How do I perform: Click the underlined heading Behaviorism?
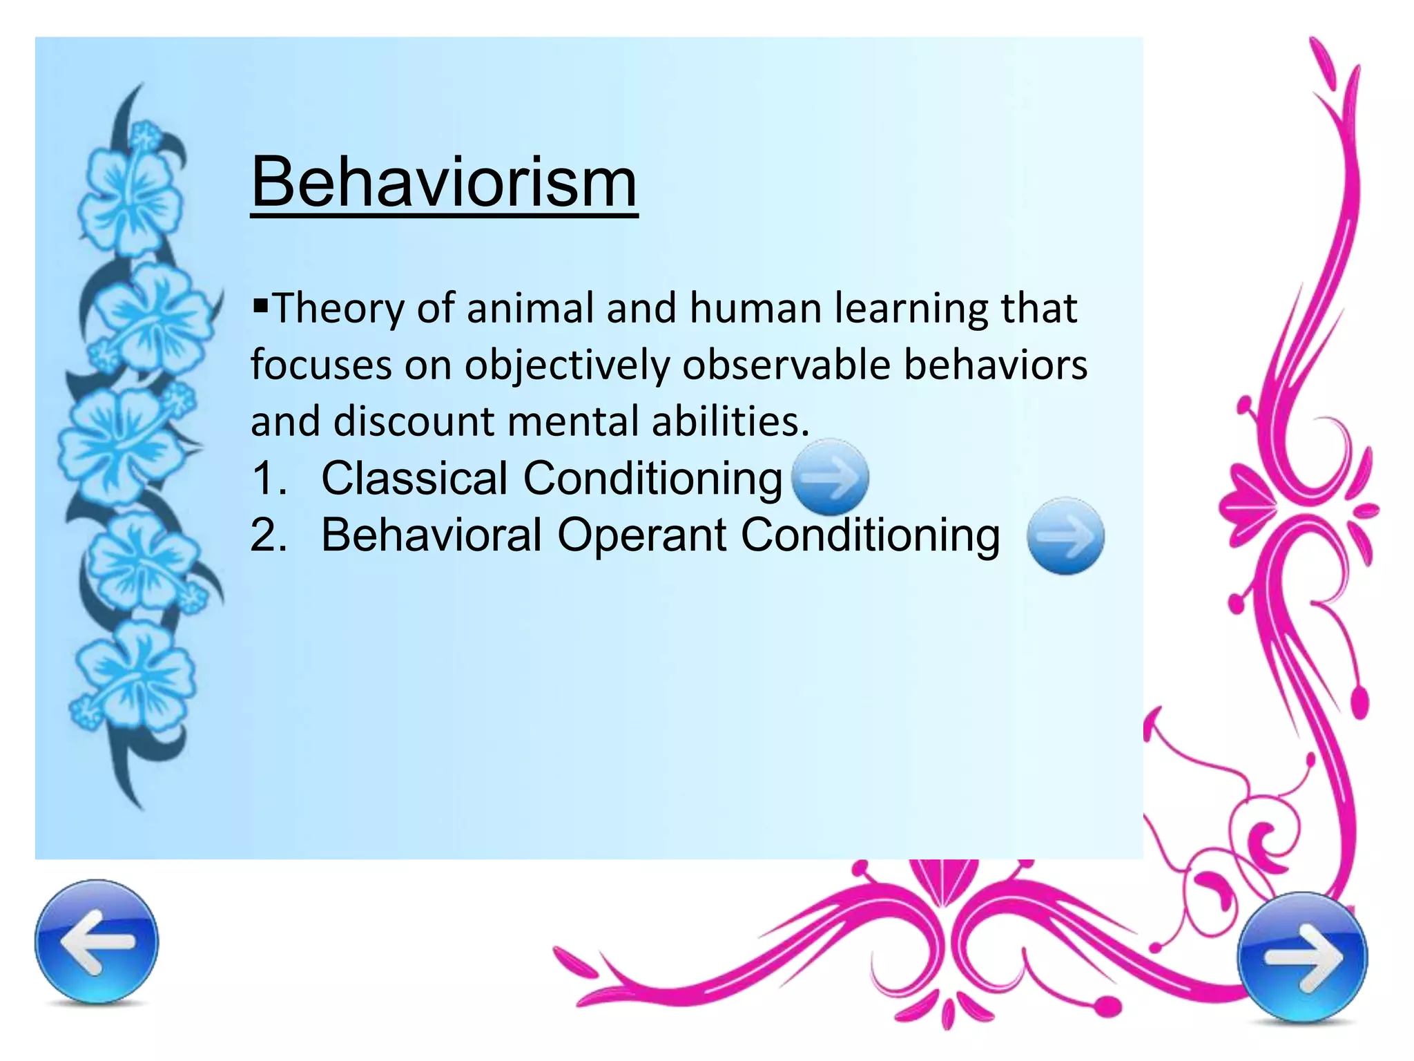pos(444,182)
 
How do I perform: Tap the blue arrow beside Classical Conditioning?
pos(830,477)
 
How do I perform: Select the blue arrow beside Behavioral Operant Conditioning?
pos(1065,536)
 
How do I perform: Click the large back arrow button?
pos(97,941)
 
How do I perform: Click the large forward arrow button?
pos(1302,957)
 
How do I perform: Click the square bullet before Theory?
pos(260,304)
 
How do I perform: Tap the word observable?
pos(786,365)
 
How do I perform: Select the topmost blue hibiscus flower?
pos(131,190)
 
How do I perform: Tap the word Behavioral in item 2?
pos(432,535)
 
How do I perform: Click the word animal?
pos(530,308)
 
